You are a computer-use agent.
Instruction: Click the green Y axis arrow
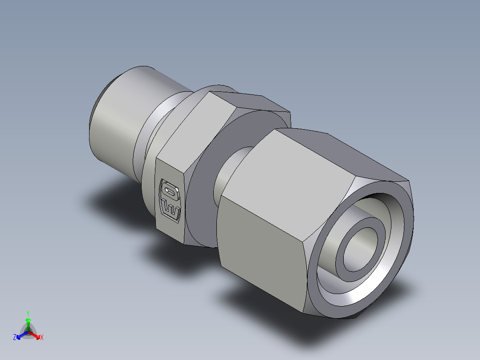pos(28,322)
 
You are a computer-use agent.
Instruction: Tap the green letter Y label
pos(28,313)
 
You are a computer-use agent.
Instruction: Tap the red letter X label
pos(42,338)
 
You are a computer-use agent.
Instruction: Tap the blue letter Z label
pos(15,338)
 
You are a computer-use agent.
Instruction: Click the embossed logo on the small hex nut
pos(170,200)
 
